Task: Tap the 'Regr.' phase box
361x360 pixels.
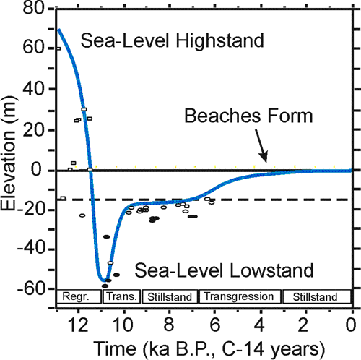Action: (77, 296)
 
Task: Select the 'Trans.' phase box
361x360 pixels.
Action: (118, 296)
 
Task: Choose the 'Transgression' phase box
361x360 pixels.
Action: (240, 296)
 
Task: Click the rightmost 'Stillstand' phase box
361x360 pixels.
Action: (316, 296)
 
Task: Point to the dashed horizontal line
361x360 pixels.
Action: (289, 199)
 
